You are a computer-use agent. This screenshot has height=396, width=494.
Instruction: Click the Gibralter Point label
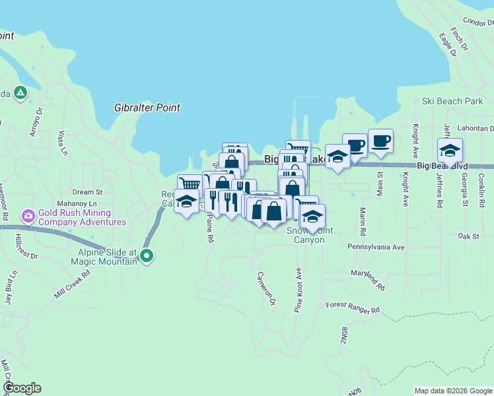tap(147, 108)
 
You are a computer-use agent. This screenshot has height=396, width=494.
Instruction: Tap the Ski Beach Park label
tap(452, 102)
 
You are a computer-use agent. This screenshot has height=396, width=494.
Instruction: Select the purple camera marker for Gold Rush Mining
tap(28, 216)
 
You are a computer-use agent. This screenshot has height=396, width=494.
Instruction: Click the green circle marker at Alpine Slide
tap(147, 255)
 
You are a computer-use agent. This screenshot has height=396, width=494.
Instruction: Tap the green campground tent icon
tap(20, 93)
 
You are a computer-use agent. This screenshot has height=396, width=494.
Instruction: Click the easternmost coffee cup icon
tap(380, 141)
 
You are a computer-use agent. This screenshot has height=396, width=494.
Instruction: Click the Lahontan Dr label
tap(475, 129)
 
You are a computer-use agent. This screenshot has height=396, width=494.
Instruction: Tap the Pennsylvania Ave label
tap(376, 247)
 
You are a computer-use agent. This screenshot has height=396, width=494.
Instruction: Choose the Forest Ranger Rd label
tap(353, 306)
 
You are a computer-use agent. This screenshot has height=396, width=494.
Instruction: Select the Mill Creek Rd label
tap(72, 283)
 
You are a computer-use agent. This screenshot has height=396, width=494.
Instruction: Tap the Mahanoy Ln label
tap(77, 204)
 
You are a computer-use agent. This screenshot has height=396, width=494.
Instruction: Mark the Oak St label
tap(468, 236)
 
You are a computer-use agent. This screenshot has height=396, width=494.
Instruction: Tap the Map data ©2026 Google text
tap(452, 391)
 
